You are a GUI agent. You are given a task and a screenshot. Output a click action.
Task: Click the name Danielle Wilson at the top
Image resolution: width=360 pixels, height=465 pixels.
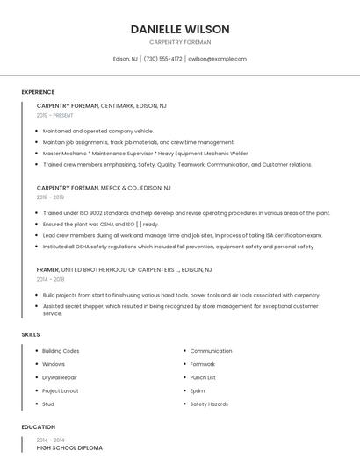click(x=180, y=29)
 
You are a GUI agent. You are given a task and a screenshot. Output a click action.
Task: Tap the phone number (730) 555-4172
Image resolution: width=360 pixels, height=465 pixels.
click(x=162, y=59)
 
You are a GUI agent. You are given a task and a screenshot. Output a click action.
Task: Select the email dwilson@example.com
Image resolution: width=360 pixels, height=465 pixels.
click(x=217, y=59)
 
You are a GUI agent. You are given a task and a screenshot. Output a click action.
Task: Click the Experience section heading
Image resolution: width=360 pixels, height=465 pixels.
click(x=38, y=92)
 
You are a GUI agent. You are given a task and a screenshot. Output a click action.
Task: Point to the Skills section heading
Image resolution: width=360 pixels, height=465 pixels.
click(x=31, y=334)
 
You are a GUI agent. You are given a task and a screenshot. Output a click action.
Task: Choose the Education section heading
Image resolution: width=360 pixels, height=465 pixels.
click(x=38, y=427)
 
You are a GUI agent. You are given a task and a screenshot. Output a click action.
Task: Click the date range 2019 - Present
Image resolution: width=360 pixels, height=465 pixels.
click(x=55, y=115)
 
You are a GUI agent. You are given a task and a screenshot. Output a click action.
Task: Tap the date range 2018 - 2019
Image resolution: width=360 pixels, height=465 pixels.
click(x=50, y=197)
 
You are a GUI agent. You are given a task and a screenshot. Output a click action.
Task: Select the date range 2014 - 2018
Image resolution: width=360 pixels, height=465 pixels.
click(x=50, y=279)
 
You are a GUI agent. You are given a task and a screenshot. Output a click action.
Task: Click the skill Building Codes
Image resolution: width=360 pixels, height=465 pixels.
click(x=61, y=351)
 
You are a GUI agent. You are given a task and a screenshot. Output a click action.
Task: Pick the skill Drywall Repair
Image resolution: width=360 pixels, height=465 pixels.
click(x=60, y=377)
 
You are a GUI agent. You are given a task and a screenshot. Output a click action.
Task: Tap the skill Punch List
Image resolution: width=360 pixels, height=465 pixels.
click(x=203, y=377)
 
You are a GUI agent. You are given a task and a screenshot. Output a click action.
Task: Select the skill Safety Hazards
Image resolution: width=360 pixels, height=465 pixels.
click(x=209, y=404)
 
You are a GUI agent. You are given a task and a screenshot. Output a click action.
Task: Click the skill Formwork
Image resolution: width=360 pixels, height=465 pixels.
click(x=203, y=364)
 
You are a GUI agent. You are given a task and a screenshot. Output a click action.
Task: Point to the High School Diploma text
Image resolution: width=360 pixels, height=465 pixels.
click(x=69, y=447)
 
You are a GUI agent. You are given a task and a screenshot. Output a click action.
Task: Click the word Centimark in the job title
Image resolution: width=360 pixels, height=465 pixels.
click(x=118, y=105)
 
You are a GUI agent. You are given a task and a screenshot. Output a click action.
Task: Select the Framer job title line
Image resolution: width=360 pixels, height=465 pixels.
click(x=124, y=269)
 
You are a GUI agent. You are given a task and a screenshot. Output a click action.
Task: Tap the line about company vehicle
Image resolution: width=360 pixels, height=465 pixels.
click(x=98, y=131)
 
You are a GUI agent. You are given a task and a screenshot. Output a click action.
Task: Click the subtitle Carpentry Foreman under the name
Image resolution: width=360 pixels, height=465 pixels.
click(x=180, y=42)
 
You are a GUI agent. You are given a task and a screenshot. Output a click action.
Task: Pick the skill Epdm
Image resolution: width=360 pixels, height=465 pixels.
click(x=198, y=390)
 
